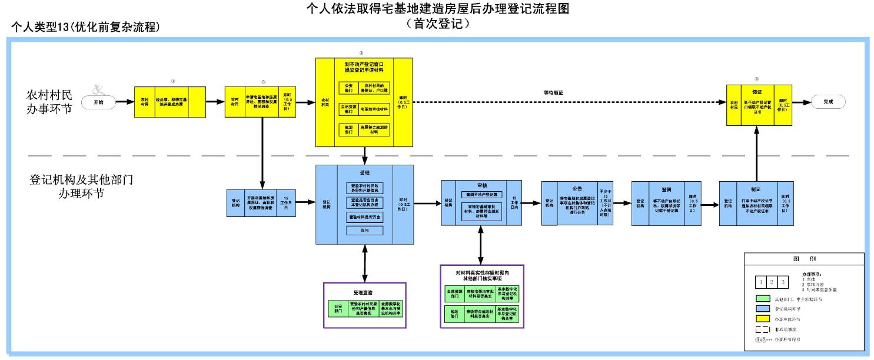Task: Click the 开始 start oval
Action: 98,102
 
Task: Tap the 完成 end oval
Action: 828,102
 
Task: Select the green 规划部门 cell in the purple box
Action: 454,315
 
